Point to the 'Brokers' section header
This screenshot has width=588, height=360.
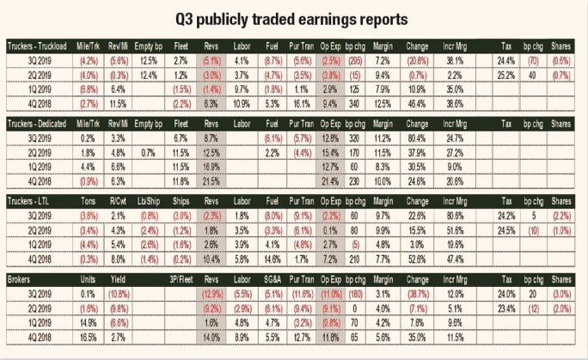(21, 279)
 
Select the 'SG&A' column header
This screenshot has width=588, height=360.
(273, 279)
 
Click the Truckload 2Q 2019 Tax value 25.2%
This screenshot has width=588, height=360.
(505, 76)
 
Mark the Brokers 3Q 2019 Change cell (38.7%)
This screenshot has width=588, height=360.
(419, 293)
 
